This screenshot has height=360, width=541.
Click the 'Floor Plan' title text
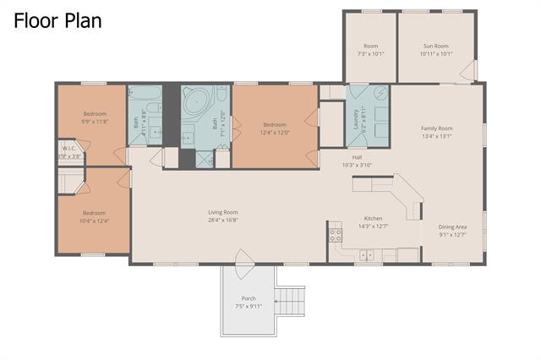pos(57,19)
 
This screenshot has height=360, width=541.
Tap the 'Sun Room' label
pos(435,46)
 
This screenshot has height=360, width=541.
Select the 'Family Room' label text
pos(437,128)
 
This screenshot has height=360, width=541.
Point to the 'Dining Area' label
pos(452,226)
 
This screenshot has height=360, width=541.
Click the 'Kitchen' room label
pos(373,218)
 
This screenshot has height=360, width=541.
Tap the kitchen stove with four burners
pos(335,235)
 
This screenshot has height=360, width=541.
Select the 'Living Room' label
pos(223,212)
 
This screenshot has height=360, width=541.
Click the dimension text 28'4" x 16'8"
pos(223,220)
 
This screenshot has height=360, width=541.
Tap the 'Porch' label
pos(249,298)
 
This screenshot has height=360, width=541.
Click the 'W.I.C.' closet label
pos(69,150)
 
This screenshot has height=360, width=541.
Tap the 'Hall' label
pos(357,158)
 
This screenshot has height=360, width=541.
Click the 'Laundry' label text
pos(356,122)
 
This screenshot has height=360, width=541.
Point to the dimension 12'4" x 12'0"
pos(274,133)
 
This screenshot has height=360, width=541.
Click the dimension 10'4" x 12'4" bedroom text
pos(94,221)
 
